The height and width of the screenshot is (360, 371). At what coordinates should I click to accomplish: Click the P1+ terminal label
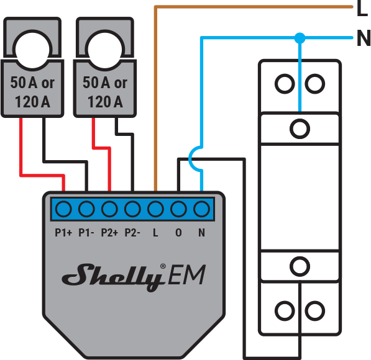coord(64,233)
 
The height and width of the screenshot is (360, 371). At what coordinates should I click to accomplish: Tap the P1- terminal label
coord(86,233)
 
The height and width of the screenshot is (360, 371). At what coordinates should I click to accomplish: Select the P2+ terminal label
coord(109,233)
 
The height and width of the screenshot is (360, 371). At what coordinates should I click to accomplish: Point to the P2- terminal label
coord(132,233)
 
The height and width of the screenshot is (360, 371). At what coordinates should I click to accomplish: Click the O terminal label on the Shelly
coord(178,233)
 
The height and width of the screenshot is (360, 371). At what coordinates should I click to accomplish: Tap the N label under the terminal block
coord(201,233)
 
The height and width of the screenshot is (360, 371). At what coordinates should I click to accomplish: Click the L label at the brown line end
coord(363,8)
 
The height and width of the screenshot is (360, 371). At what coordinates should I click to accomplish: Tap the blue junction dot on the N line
coord(300,38)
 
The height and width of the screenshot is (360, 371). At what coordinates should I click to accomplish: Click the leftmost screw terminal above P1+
coord(64,209)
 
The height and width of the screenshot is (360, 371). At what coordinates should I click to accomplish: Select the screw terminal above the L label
coord(155,209)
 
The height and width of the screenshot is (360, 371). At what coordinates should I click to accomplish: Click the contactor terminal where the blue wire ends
coord(300,128)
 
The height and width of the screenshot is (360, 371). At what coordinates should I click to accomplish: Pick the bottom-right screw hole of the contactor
coord(316,308)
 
